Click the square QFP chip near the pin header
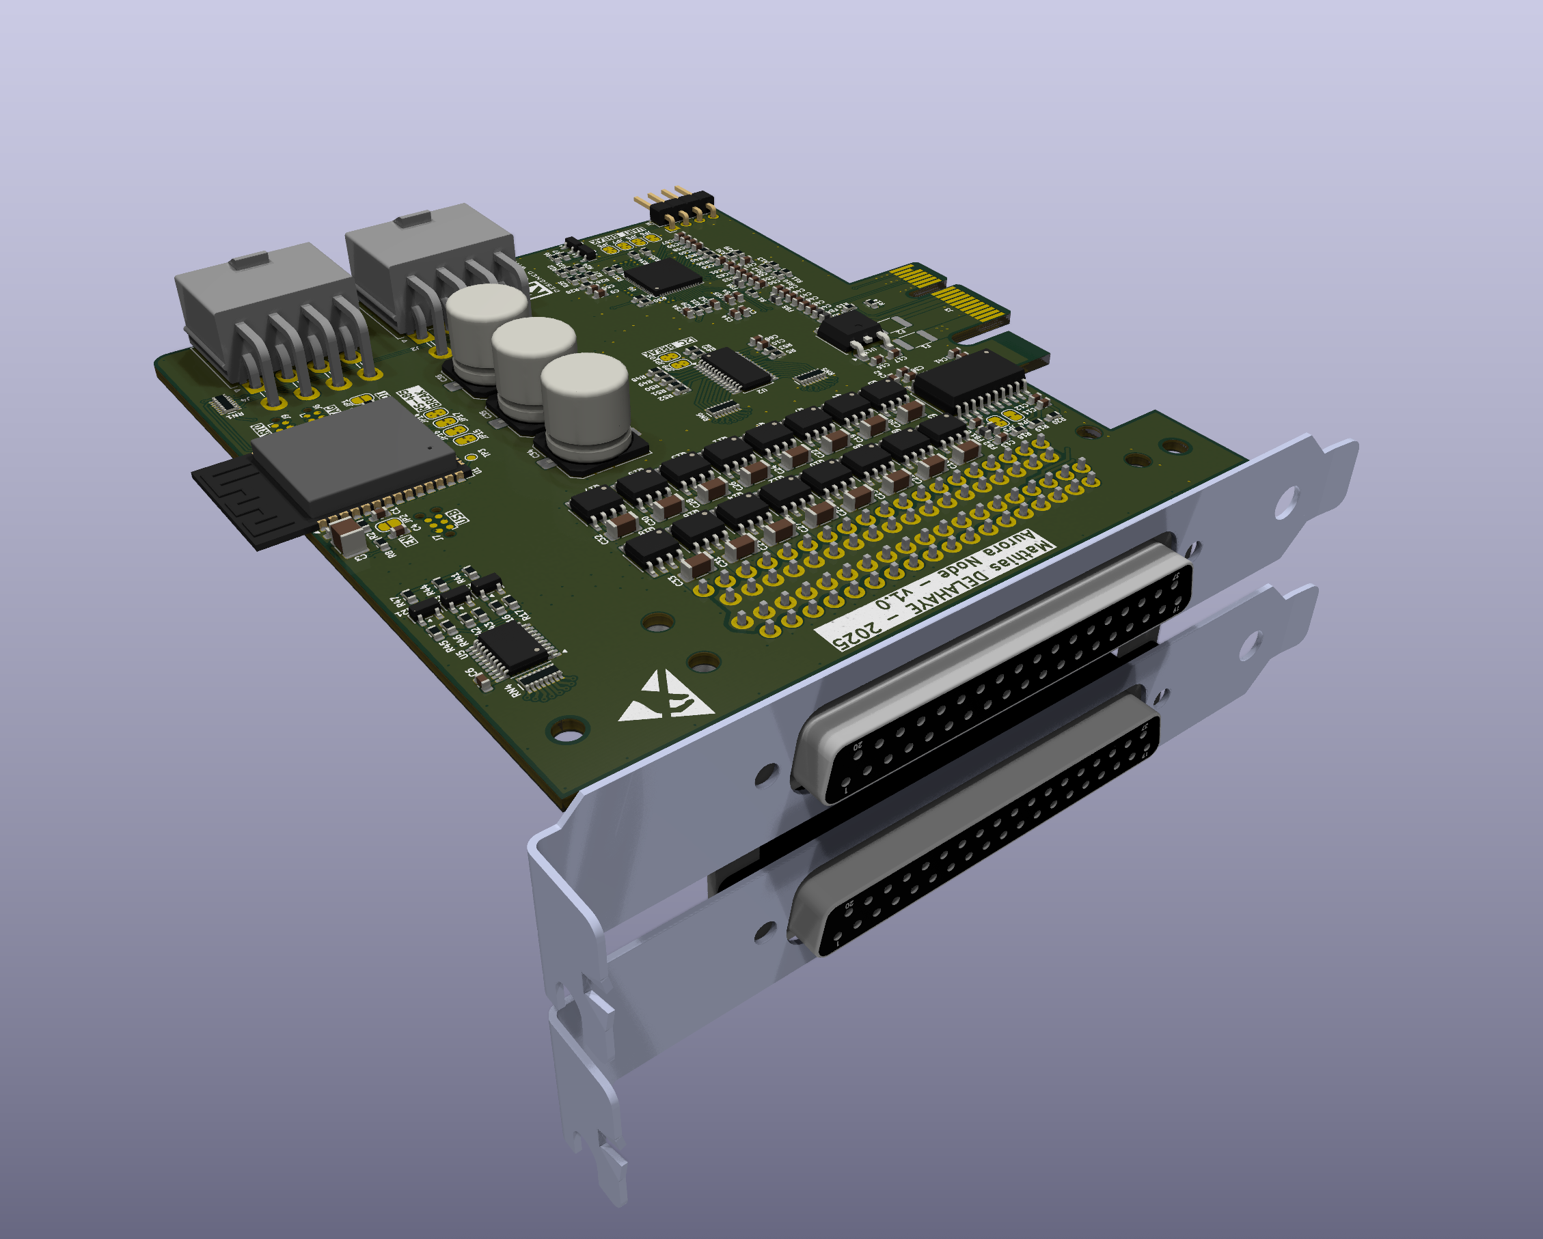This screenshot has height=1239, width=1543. click(663, 275)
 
